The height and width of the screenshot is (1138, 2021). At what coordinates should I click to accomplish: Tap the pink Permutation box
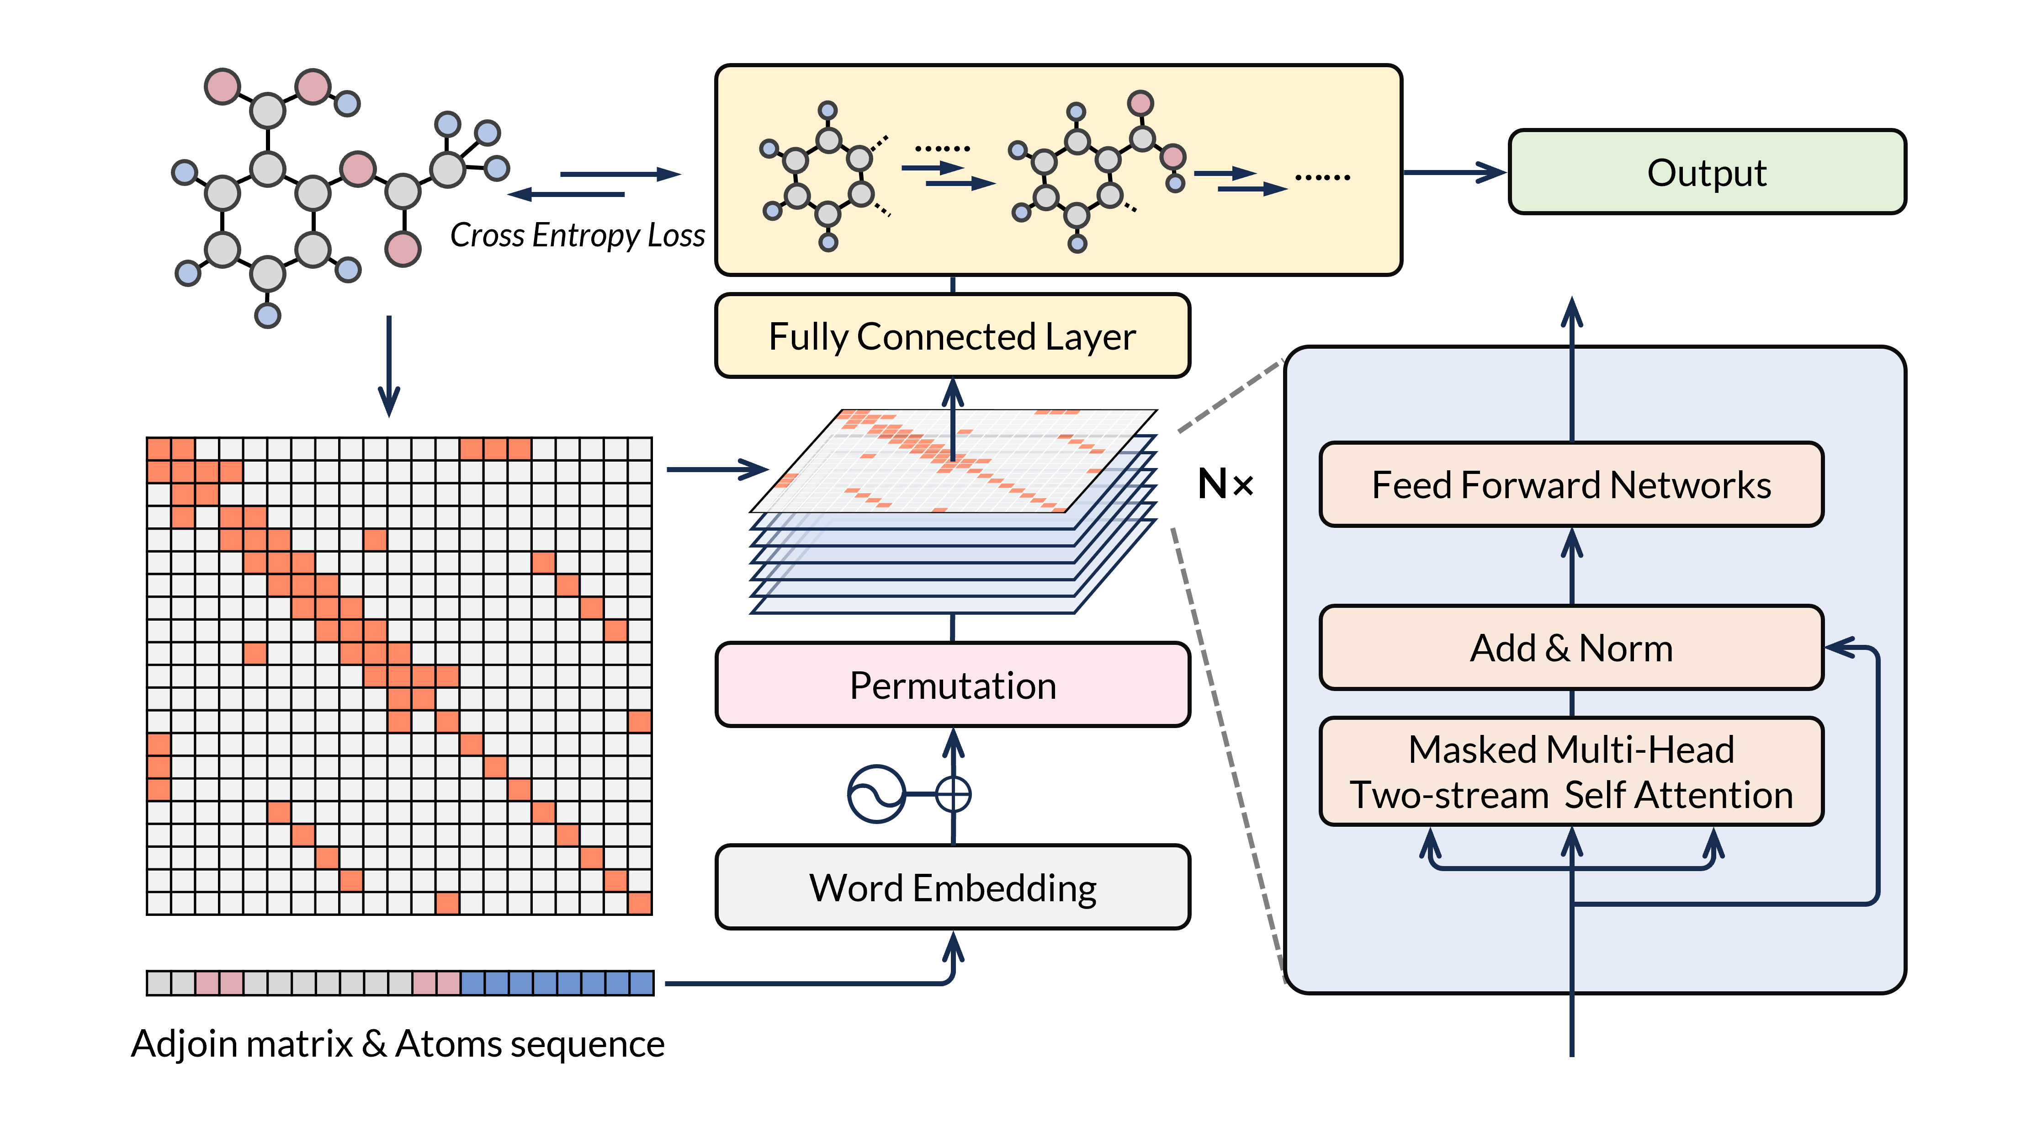click(952, 685)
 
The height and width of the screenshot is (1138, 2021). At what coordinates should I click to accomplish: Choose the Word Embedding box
click(952, 888)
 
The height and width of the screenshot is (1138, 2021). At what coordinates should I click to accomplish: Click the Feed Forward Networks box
click(1571, 484)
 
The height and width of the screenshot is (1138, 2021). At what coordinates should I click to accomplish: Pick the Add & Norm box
click(1571, 648)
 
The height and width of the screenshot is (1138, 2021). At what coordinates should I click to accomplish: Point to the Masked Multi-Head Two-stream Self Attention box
click(1571, 771)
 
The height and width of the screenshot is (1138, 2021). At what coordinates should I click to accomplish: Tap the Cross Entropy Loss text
click(578, 234)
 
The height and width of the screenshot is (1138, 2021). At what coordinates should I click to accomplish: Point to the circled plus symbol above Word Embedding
click(953, 794)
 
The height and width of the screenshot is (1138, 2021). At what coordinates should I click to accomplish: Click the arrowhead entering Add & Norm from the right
click(1840, 648)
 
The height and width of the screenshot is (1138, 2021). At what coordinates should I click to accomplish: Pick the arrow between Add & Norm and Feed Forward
click(1571, 565)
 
